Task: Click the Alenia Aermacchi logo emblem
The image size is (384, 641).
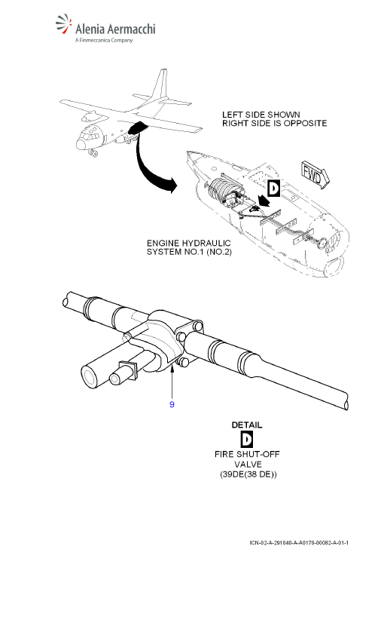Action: (64, 26)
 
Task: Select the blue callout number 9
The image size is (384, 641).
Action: (172, 404)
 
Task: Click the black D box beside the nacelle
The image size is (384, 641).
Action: (274, 189)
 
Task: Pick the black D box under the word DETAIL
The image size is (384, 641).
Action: (247, 439)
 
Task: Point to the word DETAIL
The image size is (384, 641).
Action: (247, 425)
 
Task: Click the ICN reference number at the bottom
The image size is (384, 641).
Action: (299, 542)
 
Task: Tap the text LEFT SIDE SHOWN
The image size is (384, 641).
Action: (261, 115)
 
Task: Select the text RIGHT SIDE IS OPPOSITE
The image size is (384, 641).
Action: (274, 123)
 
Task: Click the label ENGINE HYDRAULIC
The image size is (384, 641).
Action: (188, 244)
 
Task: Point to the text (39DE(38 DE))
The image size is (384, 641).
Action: (248, 474)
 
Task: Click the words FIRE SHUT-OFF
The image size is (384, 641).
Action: (247, 454)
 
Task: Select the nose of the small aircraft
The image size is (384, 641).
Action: (81, 145)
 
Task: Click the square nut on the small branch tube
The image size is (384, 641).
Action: (128, 370)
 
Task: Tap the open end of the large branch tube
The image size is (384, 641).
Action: (90, 376)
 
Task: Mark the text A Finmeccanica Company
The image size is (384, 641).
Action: (104, 41)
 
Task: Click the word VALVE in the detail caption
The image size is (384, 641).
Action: (248, 464)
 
